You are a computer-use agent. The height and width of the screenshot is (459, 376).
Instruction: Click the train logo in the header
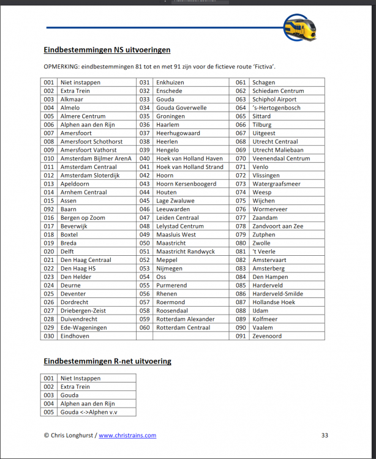299,28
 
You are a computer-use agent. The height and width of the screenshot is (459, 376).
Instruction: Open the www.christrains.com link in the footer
127,436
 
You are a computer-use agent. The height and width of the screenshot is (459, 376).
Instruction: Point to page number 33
325,436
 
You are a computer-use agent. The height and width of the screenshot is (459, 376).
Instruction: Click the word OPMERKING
64,66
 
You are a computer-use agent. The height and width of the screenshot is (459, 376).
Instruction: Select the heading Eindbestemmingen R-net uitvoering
107,362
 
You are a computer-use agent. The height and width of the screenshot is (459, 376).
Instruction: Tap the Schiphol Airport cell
274,99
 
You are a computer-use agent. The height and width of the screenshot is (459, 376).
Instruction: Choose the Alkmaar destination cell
72,99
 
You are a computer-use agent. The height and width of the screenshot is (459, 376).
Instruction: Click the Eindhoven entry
75,336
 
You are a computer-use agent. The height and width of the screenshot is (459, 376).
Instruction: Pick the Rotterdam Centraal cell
183,327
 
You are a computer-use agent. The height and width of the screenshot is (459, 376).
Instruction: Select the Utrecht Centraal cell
275,141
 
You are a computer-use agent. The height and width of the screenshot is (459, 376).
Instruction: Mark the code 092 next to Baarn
49,209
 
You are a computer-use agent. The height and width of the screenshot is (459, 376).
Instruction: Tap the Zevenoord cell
267,336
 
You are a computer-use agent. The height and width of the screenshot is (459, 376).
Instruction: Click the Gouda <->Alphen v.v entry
89,412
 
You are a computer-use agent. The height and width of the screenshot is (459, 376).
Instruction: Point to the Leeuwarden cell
173,209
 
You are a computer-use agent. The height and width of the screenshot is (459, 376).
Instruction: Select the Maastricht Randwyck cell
186,252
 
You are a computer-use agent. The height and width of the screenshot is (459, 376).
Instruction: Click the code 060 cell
145,327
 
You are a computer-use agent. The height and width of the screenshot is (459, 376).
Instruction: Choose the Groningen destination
170,116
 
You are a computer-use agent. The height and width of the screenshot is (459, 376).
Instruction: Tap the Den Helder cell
75,277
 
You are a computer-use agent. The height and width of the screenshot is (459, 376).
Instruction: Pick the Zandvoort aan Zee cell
277,226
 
